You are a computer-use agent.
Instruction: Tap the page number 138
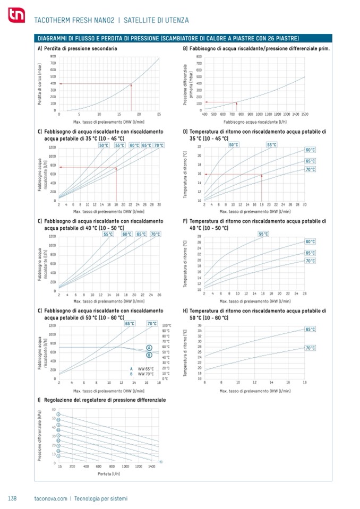pyautogui.click(x=13, y=498)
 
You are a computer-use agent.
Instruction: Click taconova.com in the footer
pyautogui.click(x=51, y=498)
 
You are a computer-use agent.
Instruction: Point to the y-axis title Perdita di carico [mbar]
pyautogui.click(x=40, y=83)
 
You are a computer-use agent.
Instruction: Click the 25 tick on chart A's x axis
pyautogui.click(x=159, y=114)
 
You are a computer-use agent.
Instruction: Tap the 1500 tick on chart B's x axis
pyautogui.click(x=305, y=114)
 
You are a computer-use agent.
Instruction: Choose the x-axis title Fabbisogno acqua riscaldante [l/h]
pyautogui.click(x=255, y=121)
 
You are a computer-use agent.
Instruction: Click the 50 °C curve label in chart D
pyautogui.click(x=233, y=144)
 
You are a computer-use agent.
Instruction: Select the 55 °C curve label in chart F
pyautogui.click(x=263, y=234)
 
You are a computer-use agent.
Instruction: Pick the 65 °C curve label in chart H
pyautogui.click(x=310, y=330)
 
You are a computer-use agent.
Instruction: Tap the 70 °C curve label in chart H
pyautogui.click(x=310, y=348)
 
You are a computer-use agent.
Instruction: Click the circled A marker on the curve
pyautogui.click(x=149, y=348)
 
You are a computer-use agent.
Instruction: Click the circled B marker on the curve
pyautogui.click(x=149, y=355)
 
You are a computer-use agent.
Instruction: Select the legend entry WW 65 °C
pyautogui.click(x=142, y=368)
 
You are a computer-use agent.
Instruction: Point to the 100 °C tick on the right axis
pyautogui.click(x=166, y=325)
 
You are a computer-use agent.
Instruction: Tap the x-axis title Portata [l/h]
pyautogui.click(x=109, y=473)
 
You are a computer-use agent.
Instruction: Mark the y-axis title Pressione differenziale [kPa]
pyautogui.click(x=40, y=435)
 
